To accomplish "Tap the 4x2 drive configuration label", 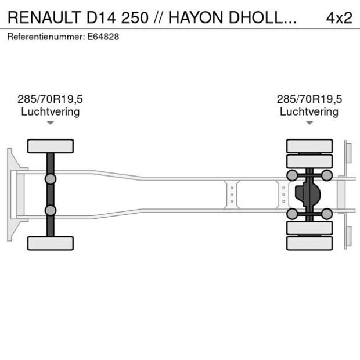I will click(339, 17).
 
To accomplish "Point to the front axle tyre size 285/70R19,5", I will click(51, 99).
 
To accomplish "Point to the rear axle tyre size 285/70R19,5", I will click(309, 99).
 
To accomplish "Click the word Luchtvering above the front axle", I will click(51, 111).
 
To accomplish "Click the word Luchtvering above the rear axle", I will click(309, 111).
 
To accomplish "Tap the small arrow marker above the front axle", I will click(51, 123).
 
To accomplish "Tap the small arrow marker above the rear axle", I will click(309, 123).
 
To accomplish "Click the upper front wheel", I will click(51, 146).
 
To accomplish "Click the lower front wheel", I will click(51, 243).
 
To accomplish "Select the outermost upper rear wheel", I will click(309, 146).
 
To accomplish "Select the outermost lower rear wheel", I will click(309, 243).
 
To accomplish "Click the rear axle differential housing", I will click(308, 195).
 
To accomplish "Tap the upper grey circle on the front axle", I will click(51, 178).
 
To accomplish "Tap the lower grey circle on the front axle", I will click(51, 210).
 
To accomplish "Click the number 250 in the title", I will click(135, 17).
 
